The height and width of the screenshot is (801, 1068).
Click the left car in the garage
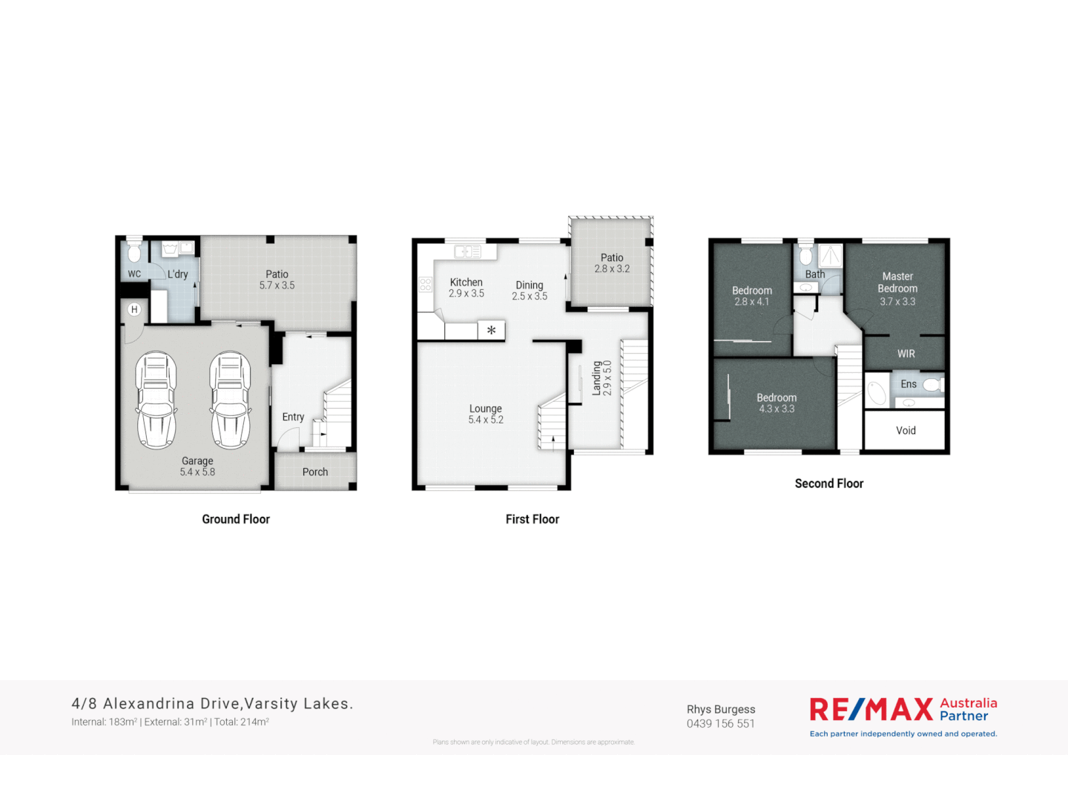click(156, 400)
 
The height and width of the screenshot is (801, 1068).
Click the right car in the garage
click(230, 400)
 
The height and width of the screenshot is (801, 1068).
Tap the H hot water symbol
click(134, 309)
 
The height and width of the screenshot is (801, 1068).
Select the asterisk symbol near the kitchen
click(491, 331)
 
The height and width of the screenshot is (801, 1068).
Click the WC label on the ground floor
click(134, 274)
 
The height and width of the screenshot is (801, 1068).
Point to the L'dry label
click(178, 274)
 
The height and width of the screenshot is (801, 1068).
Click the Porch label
click(315, 472)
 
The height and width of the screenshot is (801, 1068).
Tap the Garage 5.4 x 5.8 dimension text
click(197, 472)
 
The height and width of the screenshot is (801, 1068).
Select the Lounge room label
click(486, 409)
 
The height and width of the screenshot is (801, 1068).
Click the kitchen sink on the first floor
click(468, 251)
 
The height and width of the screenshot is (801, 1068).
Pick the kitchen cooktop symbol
click(426, 284)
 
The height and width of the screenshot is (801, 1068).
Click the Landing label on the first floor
click(597, 378)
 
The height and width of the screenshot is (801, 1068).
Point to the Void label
click(906, 430)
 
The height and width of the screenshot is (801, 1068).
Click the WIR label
click(906, 354)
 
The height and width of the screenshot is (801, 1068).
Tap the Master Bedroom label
click(897, 282)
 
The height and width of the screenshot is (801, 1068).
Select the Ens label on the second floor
click(909, 384)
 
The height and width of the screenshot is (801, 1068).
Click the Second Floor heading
click(829, 484)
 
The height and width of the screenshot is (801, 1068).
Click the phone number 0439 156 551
click(721, 724)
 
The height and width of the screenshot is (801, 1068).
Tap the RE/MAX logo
click(871, 710)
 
